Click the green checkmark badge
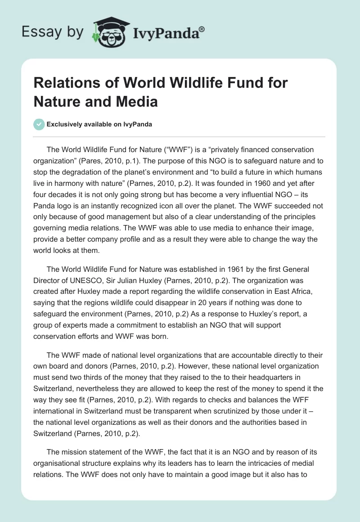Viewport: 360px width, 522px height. pos(39,124)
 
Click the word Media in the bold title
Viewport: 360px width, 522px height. pos(138,102)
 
